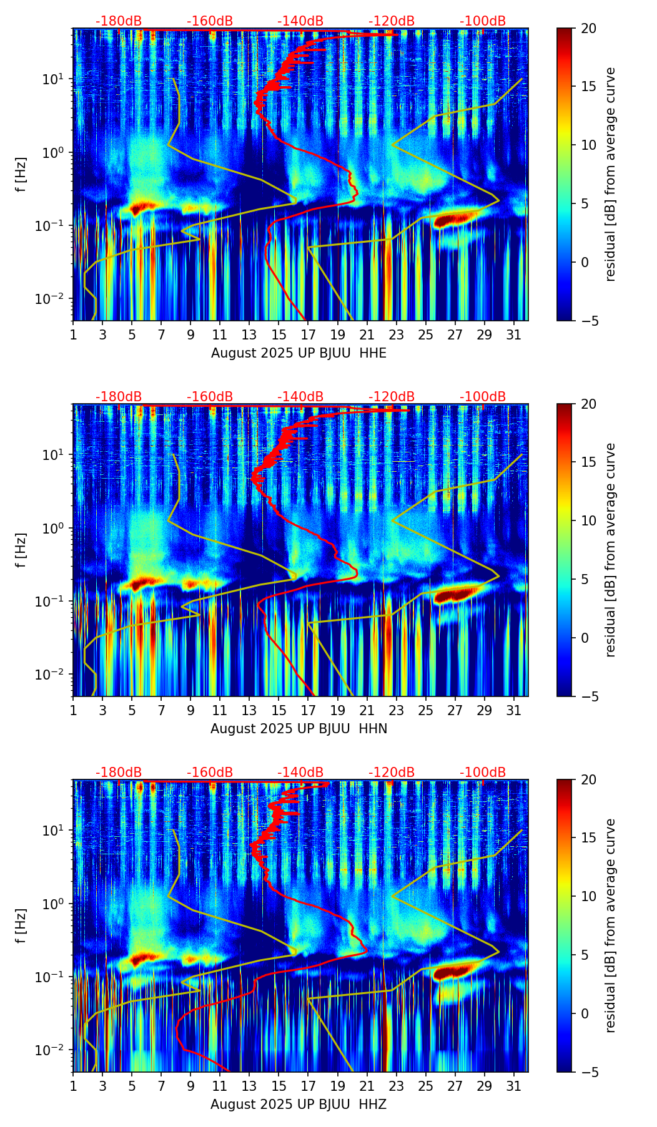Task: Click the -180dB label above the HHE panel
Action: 119,21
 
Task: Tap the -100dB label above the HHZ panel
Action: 483,773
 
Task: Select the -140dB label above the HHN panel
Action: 300,397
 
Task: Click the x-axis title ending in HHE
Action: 299,353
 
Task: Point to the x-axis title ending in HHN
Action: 299,729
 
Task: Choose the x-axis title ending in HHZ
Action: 299,1105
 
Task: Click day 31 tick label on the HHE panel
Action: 513,334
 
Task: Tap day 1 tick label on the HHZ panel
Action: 73,1086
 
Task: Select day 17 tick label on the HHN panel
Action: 308,710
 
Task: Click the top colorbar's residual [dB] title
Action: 611,174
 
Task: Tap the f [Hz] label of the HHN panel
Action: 21,550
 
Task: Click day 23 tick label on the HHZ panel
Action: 396,1086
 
